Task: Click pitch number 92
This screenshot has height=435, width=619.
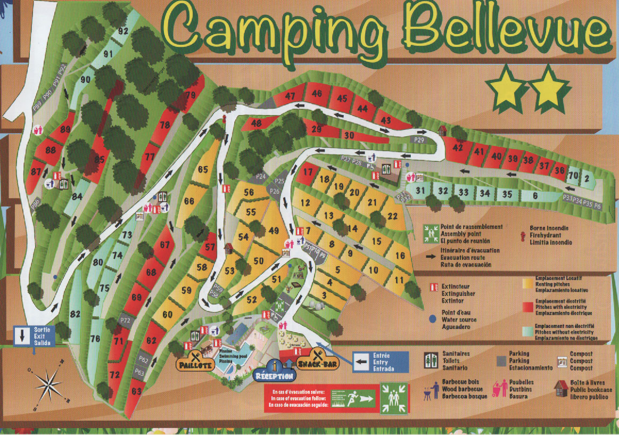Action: [x=123, y=31]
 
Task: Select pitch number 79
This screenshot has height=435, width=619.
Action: [x=190, y=96]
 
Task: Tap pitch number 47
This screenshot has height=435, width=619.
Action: [x=290, y=96]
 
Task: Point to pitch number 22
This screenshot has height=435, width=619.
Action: [x=393, y=216]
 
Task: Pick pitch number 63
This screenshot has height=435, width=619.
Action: [x=137, y=392]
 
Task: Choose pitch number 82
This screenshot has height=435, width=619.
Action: [x=75, y=314]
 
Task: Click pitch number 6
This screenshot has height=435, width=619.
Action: [x=535, y=195]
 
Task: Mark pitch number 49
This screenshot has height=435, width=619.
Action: [x=274, y=231]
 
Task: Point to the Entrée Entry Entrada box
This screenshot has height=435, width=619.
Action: [x=380, y=362]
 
